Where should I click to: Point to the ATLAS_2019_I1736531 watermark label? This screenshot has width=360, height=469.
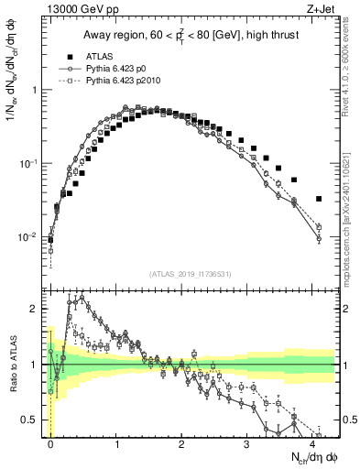[191, 275]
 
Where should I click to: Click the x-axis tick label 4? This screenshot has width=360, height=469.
[312, 442]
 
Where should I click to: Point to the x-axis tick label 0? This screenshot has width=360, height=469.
[51, 442]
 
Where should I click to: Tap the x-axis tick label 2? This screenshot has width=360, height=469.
[182, 442]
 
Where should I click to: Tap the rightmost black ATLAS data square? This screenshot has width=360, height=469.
[319, 199]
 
